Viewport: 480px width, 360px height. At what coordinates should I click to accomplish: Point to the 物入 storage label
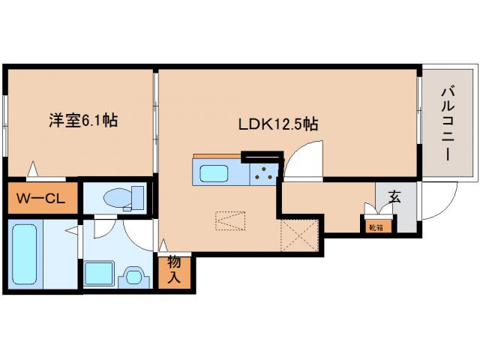(173, 269)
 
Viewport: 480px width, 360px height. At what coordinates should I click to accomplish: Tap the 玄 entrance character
(393, 197)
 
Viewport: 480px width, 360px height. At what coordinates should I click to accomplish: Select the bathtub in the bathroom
(24, 255)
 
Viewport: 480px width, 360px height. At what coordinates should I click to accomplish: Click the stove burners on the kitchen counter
(263, 174)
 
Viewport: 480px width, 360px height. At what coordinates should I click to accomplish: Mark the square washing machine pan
(98, 273)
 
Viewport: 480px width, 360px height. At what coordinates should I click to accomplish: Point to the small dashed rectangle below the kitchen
(230, 220)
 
